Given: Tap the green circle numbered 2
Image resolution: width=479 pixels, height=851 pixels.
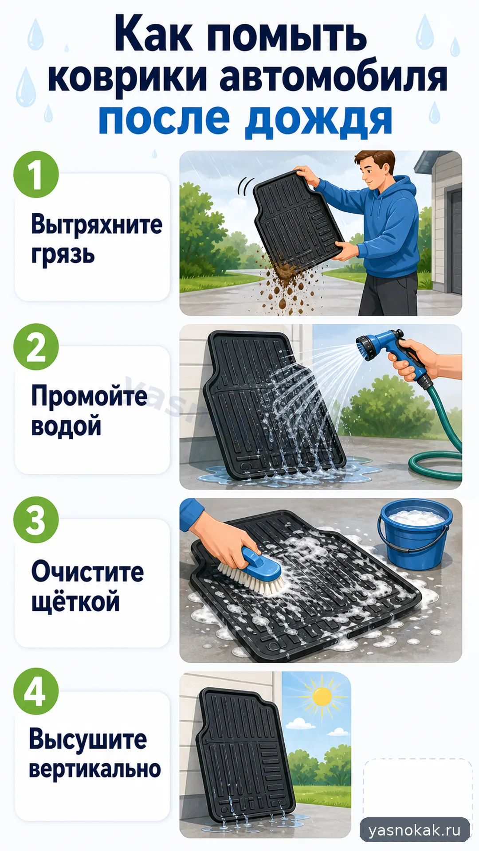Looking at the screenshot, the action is tap(36, 347).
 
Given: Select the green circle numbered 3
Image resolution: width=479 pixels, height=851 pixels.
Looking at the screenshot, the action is tap(36, 520).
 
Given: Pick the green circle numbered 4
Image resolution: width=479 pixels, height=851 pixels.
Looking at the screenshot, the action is tap(36, 691).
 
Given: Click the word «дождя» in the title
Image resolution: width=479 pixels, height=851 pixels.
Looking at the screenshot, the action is tap(319, 121).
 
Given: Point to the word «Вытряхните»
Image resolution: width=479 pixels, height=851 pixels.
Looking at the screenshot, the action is tap(97, 224).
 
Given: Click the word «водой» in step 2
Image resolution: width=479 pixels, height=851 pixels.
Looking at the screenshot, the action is tap(66, 425).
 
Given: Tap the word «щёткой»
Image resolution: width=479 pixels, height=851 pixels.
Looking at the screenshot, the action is tap(75, 601).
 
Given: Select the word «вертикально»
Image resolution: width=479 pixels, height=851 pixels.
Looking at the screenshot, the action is tap(95, 769).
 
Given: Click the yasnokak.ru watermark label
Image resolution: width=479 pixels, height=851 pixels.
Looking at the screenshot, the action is tap(415, 830).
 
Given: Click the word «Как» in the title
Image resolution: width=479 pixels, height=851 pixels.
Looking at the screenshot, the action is tap(153, 35).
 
